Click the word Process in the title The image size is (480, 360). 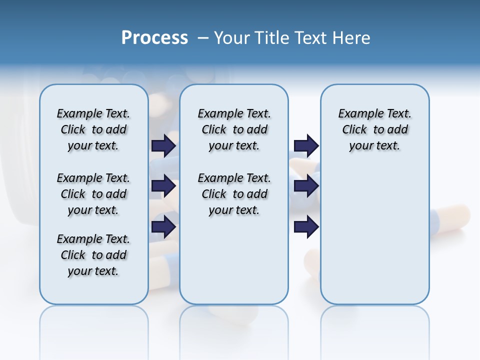point(154,38)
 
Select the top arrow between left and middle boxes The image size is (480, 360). point(163,145)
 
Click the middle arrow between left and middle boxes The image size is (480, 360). point(163,186)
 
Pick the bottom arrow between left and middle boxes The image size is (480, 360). point(163,226)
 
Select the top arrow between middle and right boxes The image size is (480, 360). point(306,145)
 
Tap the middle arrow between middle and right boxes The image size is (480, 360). point(306,186)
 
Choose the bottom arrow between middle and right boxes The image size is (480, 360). point(306,226)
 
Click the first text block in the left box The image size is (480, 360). point(93,129)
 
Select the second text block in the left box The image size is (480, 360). point(93,194)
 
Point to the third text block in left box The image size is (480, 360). point(93,255)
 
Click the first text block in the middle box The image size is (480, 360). point(234,129)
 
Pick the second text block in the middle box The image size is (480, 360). point(234,194)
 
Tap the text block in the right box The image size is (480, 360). point(374,129)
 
